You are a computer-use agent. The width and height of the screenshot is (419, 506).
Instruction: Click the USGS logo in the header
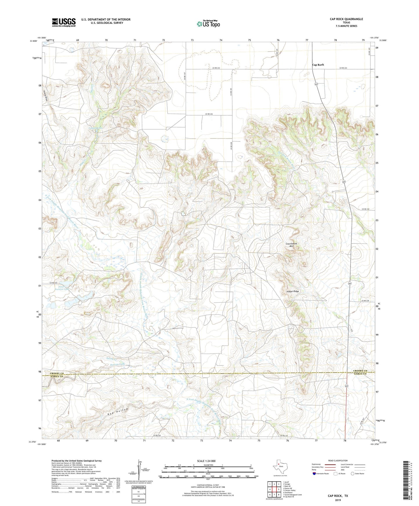[64, 22]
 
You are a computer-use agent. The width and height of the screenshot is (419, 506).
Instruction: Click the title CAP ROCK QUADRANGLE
[346, 19]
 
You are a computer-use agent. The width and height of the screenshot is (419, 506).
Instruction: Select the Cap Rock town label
[318, 65]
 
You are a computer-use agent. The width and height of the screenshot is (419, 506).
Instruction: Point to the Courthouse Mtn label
[291, 245]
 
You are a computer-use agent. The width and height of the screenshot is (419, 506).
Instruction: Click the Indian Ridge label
[292, 291]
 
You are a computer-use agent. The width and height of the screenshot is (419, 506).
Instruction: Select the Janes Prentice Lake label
[62, 288]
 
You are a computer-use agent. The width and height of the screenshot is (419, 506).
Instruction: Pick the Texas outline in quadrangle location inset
[279, 467]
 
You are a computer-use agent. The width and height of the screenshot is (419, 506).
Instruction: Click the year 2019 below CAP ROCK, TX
[338, 500]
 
